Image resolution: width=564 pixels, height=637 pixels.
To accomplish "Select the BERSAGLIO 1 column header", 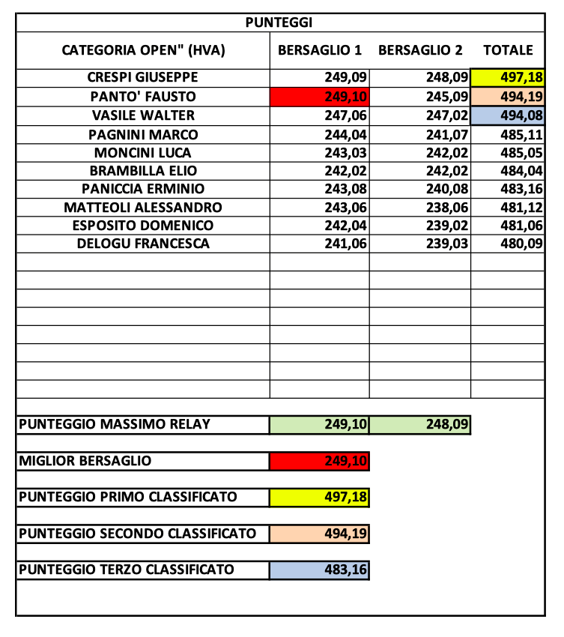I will [x=320, y=51].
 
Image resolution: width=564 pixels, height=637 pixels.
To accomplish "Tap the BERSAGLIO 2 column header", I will [x=420, y=51].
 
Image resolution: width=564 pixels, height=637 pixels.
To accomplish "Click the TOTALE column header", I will [x=508, y=51].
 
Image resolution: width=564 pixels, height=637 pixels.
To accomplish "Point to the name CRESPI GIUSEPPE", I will [x=143, y=77].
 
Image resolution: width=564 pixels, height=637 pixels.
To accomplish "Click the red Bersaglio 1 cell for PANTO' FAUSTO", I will [x=320, y=97].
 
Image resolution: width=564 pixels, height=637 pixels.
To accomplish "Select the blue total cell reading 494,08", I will [x=507, y=115].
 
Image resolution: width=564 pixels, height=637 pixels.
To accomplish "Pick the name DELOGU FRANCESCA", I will [x=143, y=244].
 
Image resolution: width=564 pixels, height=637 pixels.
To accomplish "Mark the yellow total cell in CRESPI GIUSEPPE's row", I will [x=507, y=78].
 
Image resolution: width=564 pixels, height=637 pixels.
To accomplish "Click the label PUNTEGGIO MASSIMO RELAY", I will [x=115, y=425].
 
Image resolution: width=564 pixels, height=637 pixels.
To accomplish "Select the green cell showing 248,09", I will [x=420, y=425].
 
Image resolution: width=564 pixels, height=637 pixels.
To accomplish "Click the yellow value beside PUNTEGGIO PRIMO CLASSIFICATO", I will [x=320, y=497].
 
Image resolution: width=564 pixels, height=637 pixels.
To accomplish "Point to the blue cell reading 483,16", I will [x=320, y=570].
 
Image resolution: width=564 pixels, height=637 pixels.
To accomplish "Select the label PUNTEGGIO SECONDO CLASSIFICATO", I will [x=137, y=534].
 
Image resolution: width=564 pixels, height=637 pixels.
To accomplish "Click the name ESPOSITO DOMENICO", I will [x=143, y=226].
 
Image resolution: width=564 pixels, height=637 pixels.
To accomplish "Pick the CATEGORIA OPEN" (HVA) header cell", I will [x=143, y=51].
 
